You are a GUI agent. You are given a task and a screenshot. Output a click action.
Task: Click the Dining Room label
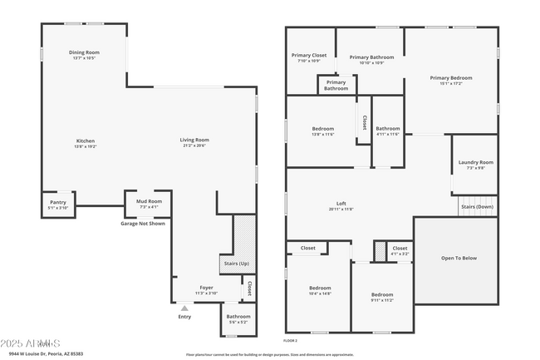click(84, 52)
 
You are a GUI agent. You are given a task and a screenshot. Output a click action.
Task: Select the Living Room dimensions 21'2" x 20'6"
click(194, 145)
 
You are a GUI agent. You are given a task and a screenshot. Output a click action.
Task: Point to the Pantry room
click(58, 202)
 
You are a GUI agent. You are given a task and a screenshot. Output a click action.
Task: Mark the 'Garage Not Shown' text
click(143, 223)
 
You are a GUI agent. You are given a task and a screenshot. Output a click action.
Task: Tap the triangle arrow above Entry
click(184, 308)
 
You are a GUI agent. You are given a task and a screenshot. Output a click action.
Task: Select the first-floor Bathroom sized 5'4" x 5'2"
click(238, 318)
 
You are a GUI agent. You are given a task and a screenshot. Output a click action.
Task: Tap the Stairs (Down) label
click(477, 206)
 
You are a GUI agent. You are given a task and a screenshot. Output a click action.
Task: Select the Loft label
click(341, 204)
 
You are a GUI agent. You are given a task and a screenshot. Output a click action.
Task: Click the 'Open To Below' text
click(459, 258)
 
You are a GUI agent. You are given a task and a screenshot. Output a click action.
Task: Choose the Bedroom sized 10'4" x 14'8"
click(320, 290)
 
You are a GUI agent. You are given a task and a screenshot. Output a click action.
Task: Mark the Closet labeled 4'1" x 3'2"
click(400, 250)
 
